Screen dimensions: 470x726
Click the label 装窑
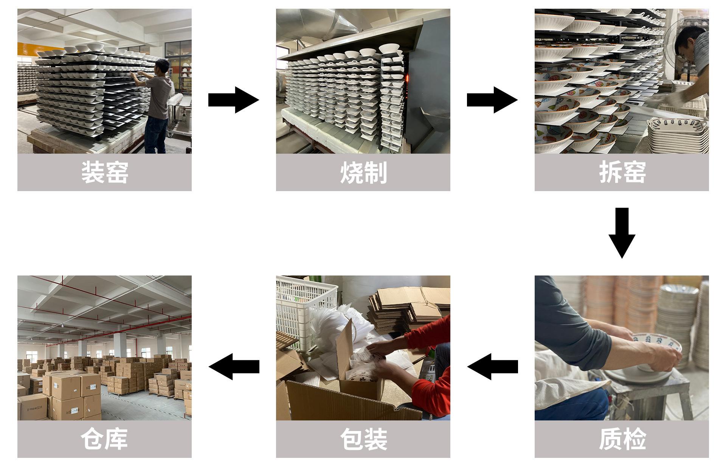104,173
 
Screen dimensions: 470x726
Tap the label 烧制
363,173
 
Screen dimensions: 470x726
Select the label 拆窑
622,173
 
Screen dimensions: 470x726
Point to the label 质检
622,439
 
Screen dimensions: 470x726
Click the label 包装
363,439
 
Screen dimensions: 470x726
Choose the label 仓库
104,439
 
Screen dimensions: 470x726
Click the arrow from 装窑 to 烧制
234,100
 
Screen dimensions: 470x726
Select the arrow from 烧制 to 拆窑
492,100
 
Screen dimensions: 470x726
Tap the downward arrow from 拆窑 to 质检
622,233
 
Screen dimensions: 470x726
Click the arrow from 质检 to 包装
492,366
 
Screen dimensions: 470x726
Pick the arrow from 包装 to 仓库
234,366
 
